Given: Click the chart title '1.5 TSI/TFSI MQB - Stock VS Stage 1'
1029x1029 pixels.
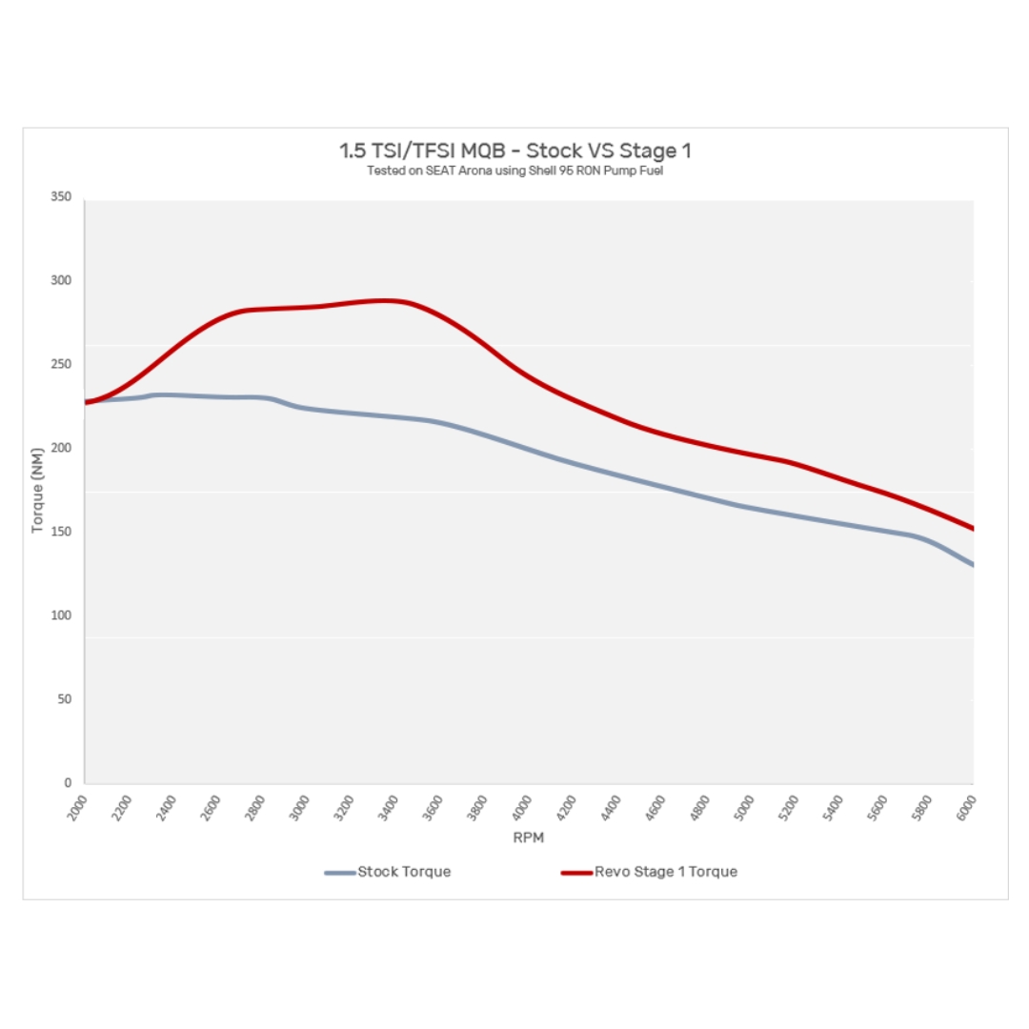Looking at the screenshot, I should (514, 151).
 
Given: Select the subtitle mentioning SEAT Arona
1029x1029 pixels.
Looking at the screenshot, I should (514, 171).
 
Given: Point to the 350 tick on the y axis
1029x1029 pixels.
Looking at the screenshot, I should (61, 196).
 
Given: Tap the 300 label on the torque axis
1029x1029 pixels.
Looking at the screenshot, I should (61, 280).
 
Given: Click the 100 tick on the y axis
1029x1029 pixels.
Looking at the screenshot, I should (61, 615).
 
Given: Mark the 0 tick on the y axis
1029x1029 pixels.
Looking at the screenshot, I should (68, 783).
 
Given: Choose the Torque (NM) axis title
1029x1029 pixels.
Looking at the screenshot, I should (38, 490).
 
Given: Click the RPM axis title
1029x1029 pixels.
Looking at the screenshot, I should (529, 838).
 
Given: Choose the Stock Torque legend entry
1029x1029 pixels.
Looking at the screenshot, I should (388, 872).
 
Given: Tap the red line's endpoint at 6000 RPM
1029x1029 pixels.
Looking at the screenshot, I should (972, 528).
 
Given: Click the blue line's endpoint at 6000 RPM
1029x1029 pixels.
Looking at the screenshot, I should (972, 565).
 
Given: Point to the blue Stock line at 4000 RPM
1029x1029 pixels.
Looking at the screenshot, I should (529, 450).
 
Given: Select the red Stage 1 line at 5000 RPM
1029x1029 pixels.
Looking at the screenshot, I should (751, 453).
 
